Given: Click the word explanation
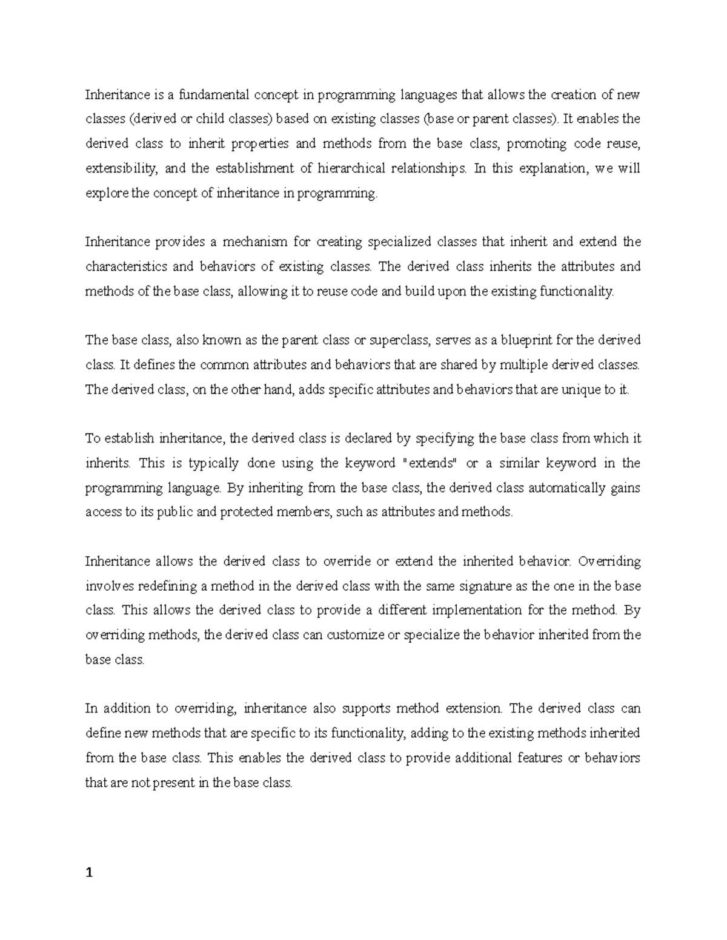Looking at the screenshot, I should tap(546, 168).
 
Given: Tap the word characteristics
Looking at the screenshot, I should tap(125, 266).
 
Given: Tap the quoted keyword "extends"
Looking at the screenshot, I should tap(431, 463).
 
